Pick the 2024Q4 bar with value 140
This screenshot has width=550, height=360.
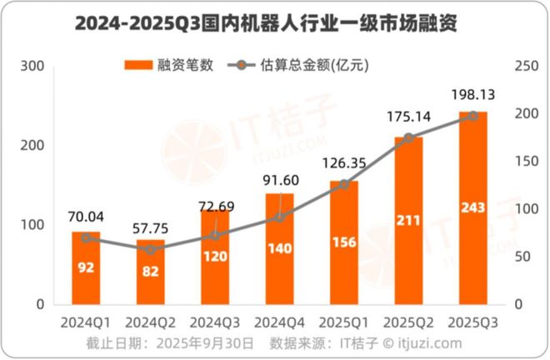tap(279, 250)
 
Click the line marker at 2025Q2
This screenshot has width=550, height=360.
tap(408, 138)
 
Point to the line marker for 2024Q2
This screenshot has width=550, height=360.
tap(150, 249)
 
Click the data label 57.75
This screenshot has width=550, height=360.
tap(150, 228)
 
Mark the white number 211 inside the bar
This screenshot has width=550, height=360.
tap(408, 221)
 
